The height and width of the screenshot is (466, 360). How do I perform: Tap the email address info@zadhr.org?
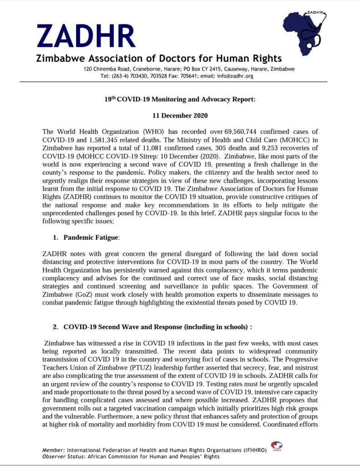pyautogui.click(x=235, y=76)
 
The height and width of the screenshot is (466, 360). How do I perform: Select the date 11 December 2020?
pyautogui.click(x=180, y=116)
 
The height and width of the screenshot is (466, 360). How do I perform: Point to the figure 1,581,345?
pyautogui.click(x=103, y=140)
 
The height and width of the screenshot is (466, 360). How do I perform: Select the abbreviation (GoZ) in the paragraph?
pyautogui.click(x=88, y=294)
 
